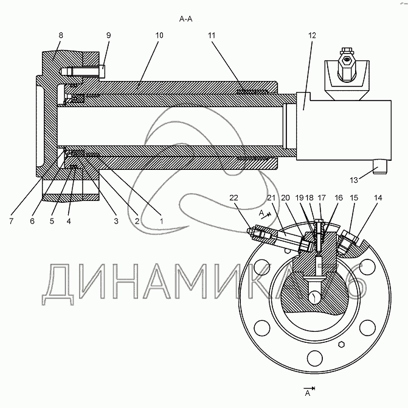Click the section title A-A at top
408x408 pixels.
pos(186,19)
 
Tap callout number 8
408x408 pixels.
pos(61,36)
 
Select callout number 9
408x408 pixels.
pos(108,36)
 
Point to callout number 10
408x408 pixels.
pos(159,36)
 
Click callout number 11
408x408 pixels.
pos(211,36)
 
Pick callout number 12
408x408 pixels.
pos(312,36)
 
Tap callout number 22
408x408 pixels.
pos(235,197)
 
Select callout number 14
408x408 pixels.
pos(379,198)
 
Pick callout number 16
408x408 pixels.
pos(338,198)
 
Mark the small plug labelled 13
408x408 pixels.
pos(379,168)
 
